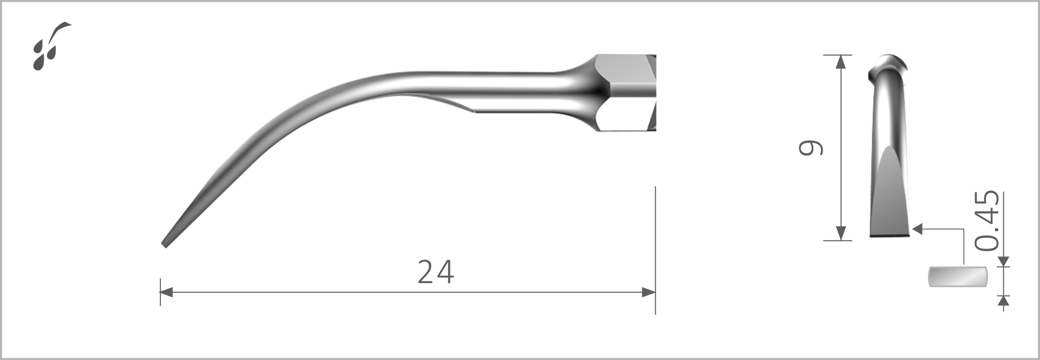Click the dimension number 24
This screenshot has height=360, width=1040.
(435, 272)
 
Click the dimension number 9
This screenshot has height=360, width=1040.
(810, 148)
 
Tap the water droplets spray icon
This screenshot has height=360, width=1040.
(49, 46)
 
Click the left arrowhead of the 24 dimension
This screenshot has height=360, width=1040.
(166, 293)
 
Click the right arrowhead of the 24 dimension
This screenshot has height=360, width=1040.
(649, 293)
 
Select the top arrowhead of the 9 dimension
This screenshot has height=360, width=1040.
(840, 62)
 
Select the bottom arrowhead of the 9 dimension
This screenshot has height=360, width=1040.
(840, 234)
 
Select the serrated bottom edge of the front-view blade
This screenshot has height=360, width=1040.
(889, 236)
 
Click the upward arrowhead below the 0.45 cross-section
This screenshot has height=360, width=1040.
(1004, 301)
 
